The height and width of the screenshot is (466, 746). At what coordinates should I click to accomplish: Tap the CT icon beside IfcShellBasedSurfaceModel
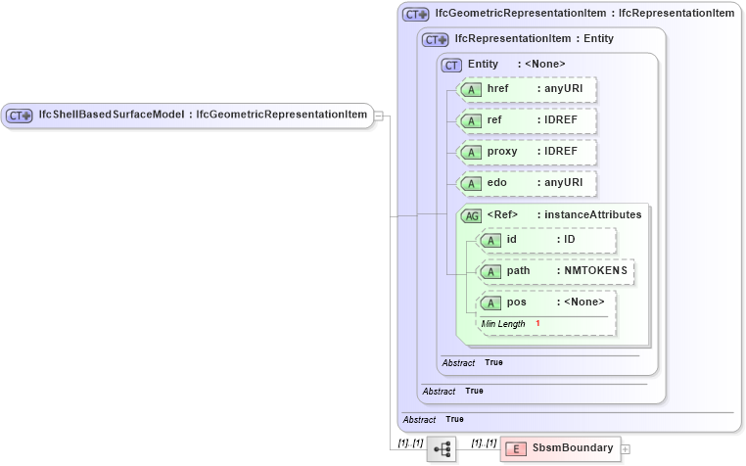click(20, 116)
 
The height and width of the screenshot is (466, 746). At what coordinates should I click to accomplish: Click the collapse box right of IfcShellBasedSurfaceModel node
click(379, 116)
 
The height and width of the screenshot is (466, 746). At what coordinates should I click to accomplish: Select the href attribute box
click(528, 89)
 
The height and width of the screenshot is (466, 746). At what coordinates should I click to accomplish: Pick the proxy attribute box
click(528, 153)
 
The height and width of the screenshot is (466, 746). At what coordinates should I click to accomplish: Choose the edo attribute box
click(528, 184)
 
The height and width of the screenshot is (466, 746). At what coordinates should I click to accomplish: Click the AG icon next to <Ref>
click(472, 215)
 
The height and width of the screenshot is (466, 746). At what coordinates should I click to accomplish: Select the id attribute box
click(546, 240)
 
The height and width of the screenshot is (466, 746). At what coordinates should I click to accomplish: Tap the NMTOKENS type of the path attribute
click(596, 271)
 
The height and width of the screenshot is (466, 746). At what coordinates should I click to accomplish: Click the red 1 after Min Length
click(537, 323)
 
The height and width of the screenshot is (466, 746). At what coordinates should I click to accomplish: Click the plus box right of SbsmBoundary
click(626, 449)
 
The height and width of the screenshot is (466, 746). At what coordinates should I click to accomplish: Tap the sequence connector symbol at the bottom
click(442, 449)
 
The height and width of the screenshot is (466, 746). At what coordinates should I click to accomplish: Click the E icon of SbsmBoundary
click(515, 449)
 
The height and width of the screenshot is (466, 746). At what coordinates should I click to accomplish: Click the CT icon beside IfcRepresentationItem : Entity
click(435, 39)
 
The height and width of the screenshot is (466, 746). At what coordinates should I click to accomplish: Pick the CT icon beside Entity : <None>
click(451, 65)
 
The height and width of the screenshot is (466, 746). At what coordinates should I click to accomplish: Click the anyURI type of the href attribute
click(564, 89)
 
